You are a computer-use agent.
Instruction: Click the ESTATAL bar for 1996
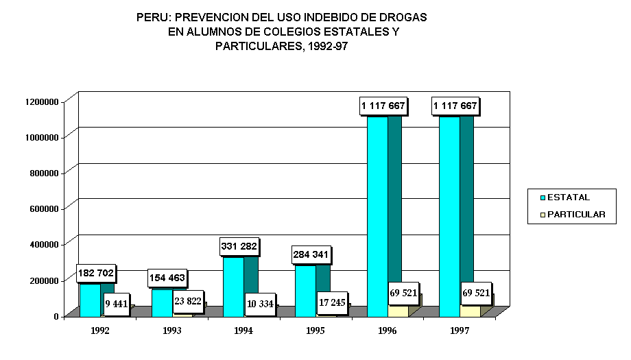(378, 213)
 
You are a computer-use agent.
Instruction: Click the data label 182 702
(96, 274)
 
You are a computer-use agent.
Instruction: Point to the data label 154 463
(168, 279)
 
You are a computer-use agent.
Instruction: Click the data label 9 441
(117, 304)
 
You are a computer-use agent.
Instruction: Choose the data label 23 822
(188, 300)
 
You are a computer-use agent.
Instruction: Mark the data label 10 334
(260, 304)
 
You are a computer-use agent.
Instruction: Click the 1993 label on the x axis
(172, 331)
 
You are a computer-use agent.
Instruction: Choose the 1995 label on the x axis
(315, 331)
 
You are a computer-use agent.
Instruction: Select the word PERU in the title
(150, 16)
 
